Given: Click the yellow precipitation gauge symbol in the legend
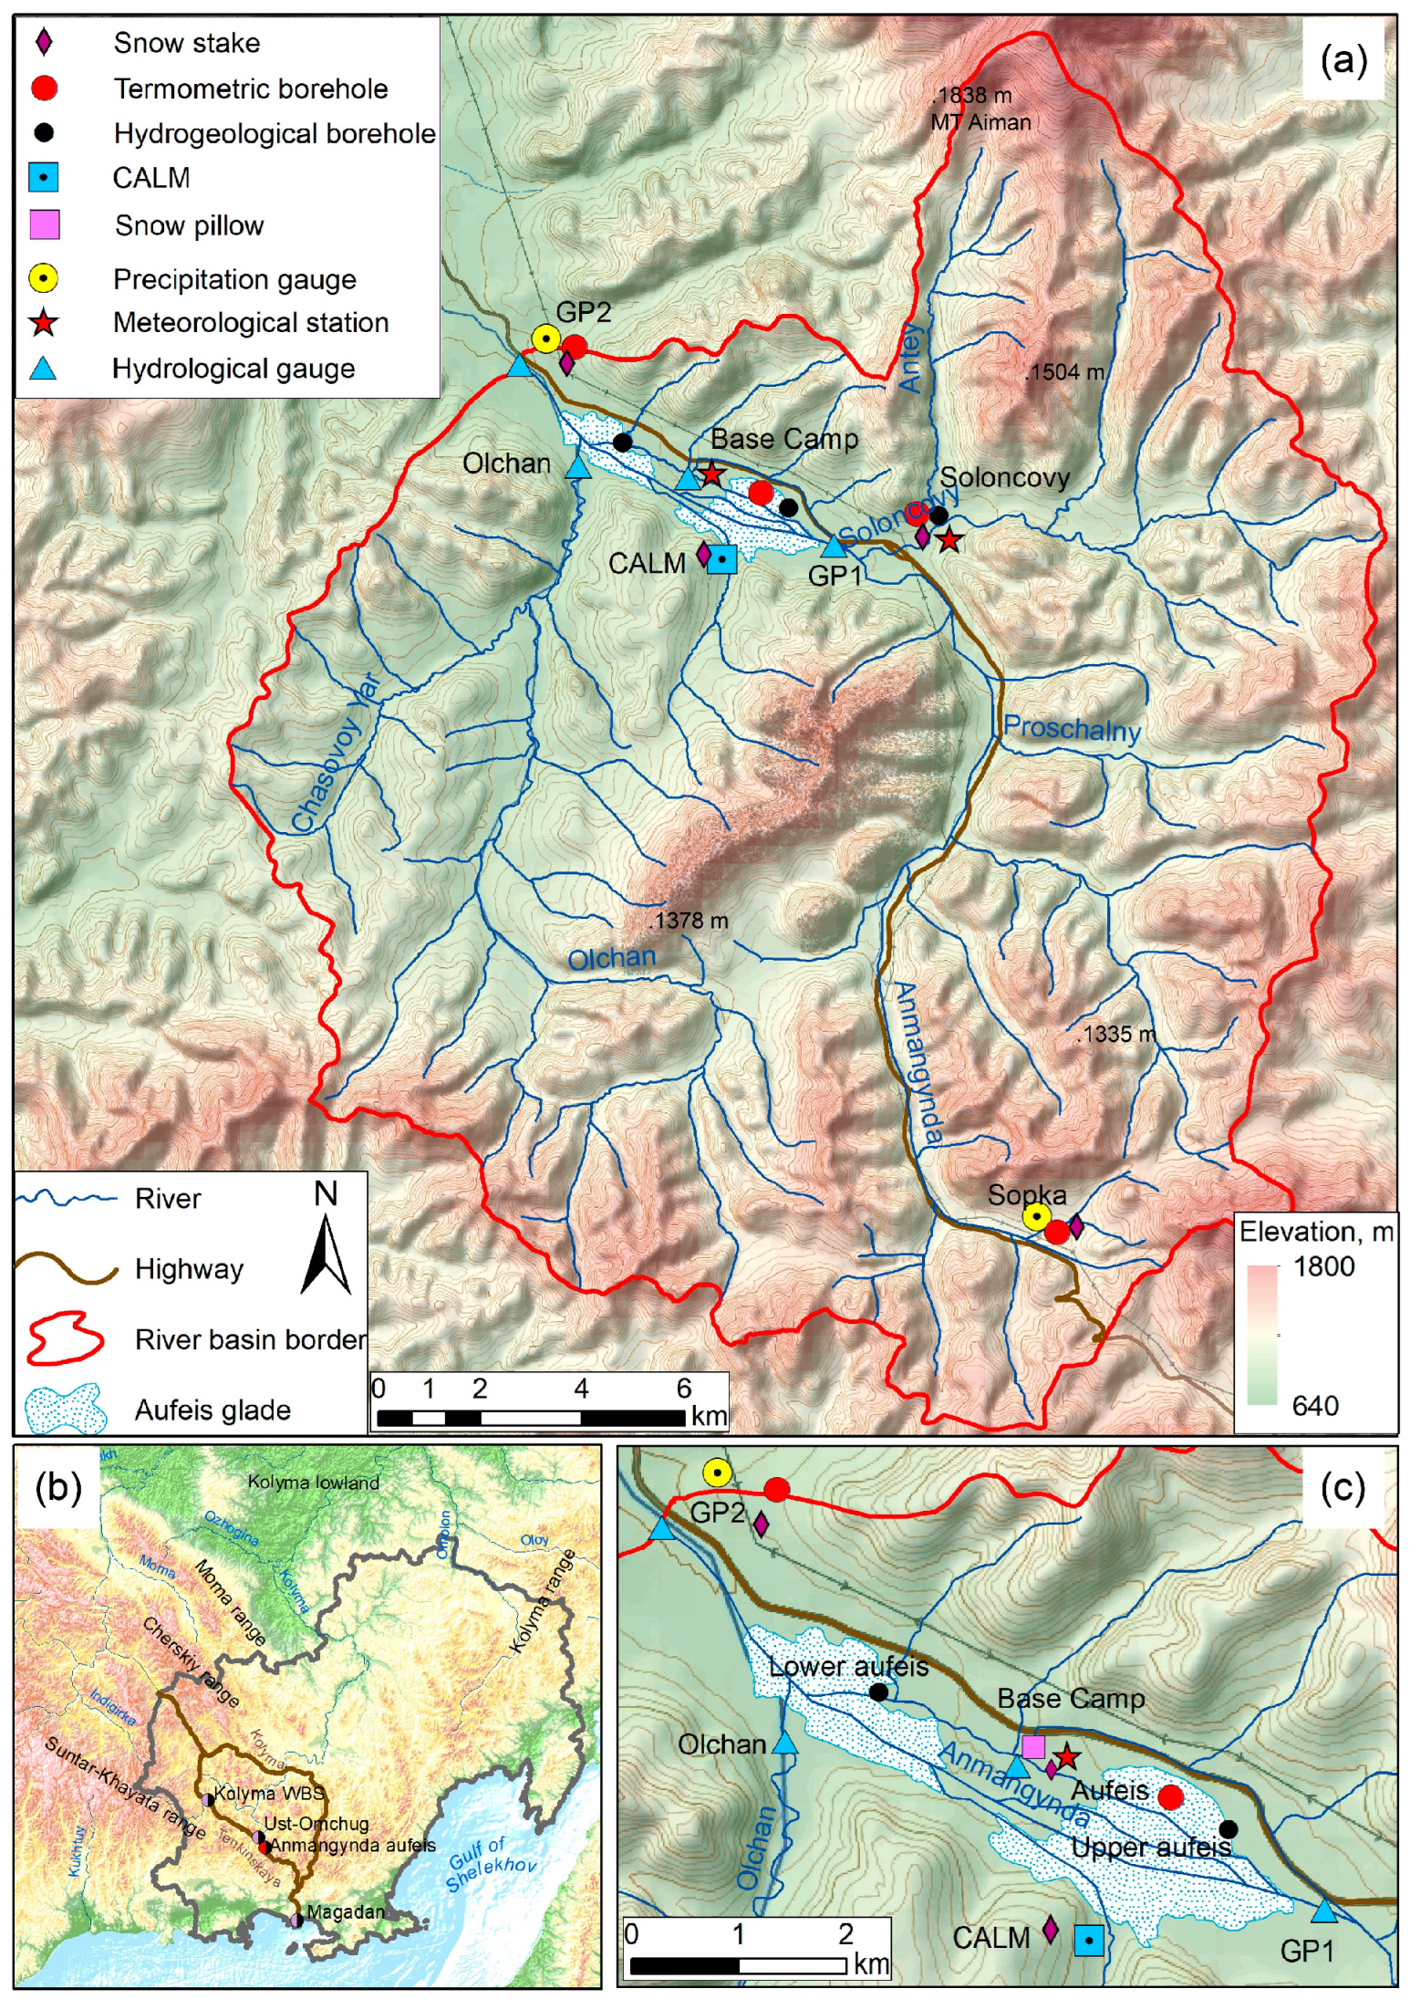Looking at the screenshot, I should [x=44, y=278].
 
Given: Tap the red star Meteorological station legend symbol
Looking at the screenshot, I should [x=44, y=323].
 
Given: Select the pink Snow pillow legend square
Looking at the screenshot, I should [x=44, y=224].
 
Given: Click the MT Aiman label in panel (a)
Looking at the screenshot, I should [x=980, y=122].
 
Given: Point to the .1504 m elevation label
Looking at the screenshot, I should [x=1064, y=372].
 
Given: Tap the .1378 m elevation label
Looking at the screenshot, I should [x=689, y=921].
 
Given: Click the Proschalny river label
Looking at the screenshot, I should [x=1072, y=729].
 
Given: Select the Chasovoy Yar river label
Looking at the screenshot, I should [x=335, y=754].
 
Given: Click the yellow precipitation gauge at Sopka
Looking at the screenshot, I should [x=1035, y=1216].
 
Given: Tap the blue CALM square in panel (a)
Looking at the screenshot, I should [x=721, y=559].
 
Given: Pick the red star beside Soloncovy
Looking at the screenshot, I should [x=949, y=540].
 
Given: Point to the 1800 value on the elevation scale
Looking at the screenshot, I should [x=1323, y=1266].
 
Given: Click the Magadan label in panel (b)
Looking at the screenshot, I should [x=345, y=1912].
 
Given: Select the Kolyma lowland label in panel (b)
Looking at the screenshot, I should [x=314, y=1483].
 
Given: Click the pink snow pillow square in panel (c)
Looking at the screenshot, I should [x=1032, y=1746].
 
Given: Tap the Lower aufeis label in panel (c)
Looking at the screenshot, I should [x=848, y=1666].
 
